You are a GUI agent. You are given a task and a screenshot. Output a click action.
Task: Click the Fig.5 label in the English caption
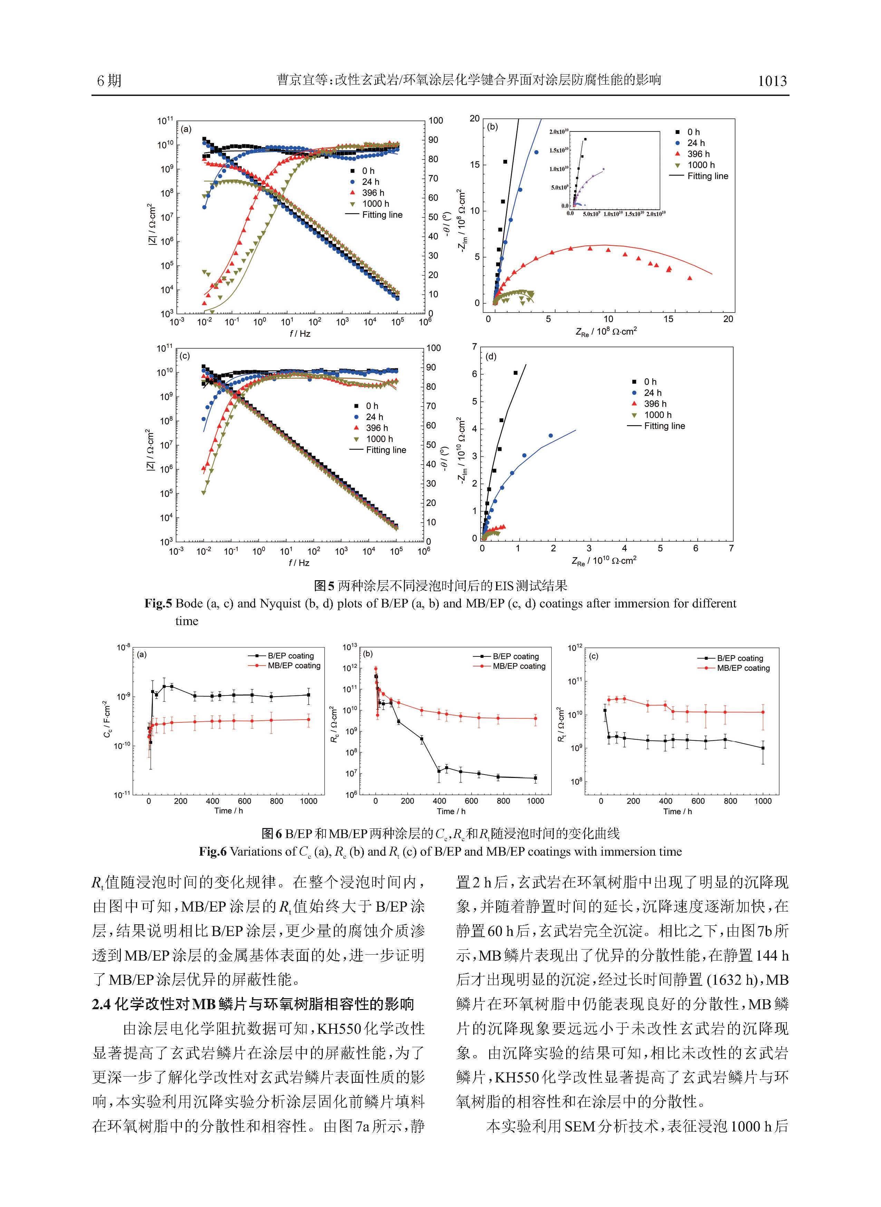(158, 603)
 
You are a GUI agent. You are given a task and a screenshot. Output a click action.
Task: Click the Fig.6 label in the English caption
(212, 851)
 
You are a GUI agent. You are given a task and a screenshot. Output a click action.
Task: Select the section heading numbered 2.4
(252, 1004)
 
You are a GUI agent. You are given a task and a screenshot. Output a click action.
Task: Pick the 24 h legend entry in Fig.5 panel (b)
(695, 143)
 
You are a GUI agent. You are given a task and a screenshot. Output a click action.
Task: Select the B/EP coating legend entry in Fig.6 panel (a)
(290, 656)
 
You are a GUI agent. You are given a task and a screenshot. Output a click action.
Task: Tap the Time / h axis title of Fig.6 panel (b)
(451, 811)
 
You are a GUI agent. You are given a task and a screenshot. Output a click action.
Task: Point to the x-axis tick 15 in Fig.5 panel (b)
(668, 319)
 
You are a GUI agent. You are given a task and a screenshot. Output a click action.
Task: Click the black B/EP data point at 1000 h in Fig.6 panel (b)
(535, 778)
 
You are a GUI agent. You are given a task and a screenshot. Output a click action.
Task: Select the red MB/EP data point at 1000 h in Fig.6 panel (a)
(309, 720)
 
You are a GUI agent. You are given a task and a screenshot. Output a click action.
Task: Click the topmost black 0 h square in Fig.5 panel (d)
(515, 373)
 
